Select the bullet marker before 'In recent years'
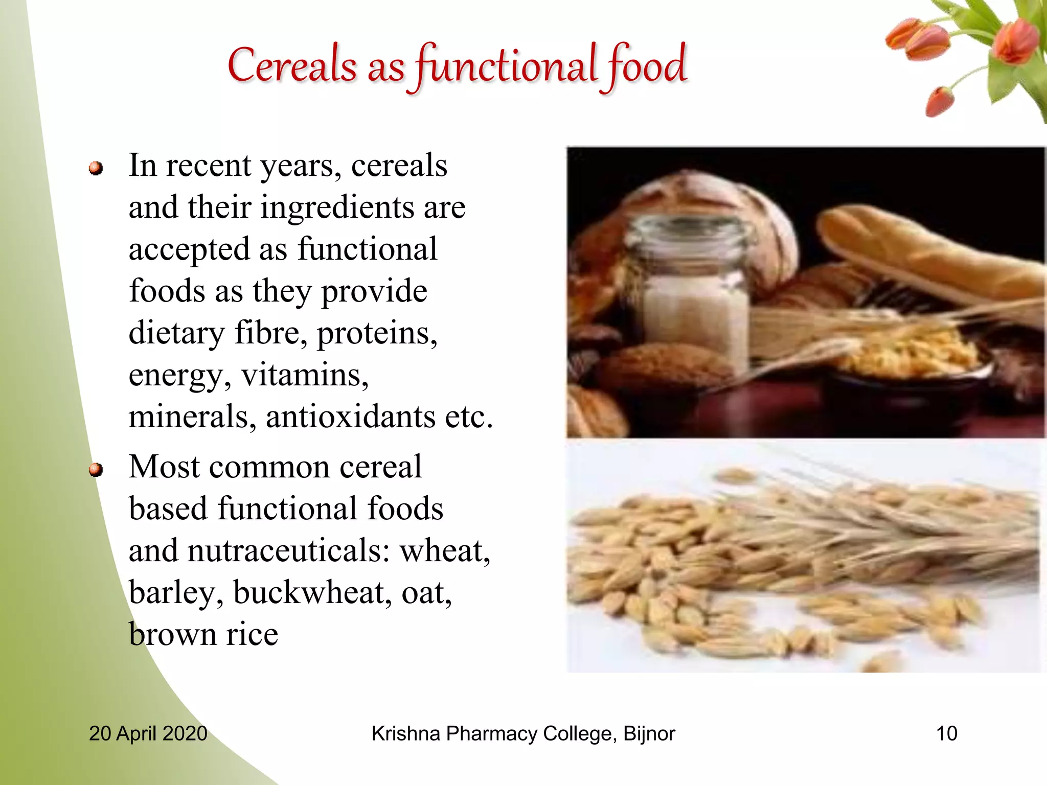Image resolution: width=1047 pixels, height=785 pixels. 96,168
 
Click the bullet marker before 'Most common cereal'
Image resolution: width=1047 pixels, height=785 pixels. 96,469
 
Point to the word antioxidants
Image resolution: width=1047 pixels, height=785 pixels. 350,417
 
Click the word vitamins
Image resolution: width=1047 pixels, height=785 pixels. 305,375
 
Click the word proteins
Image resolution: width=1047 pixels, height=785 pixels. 377,333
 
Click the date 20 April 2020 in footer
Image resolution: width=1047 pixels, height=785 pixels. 148,733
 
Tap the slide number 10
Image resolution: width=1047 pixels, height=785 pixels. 946,733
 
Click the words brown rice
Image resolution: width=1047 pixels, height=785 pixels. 203,635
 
